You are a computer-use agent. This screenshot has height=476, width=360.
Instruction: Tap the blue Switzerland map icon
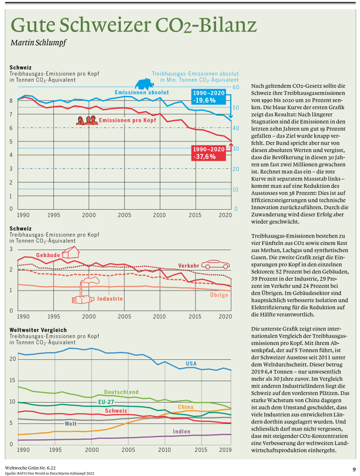pos(146,84)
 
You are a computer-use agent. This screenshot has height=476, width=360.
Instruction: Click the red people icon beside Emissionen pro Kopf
pos(87,120)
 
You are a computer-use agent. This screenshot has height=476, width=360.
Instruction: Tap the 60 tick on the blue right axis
pos(236,87)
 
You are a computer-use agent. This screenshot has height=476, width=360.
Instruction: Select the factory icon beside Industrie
pos(85,291)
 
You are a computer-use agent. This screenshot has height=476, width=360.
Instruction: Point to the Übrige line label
pos(219,295)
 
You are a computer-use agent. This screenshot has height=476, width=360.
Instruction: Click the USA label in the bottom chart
pos(191,363)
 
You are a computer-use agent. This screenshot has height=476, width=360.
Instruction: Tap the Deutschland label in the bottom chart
pos(121,392)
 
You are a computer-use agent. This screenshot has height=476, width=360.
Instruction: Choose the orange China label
pos(185,407)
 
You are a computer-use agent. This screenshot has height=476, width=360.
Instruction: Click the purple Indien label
pos(181,431)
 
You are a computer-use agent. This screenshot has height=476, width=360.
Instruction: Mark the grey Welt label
pos(71,423)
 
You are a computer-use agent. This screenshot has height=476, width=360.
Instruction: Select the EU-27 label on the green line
pos(107,402)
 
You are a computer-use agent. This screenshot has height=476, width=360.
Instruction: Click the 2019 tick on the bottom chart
pos(225,450)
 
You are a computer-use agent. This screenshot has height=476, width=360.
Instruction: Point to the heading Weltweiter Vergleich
pos(38,330)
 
